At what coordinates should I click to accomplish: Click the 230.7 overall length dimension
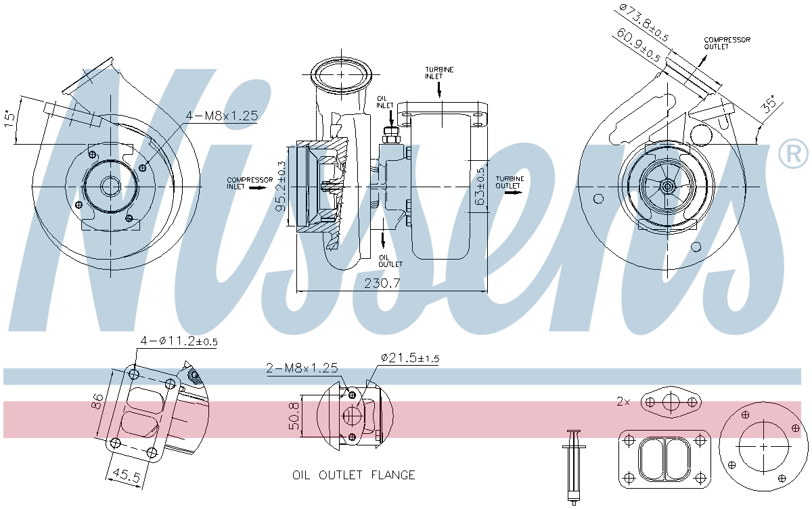(382, 283)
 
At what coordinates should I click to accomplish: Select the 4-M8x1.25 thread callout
(222, 116)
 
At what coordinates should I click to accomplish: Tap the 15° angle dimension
(9, 118)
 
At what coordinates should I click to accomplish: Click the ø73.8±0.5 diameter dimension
(643, 22)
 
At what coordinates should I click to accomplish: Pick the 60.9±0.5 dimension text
(638, 45)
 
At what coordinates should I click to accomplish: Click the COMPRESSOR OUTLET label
(727, 43)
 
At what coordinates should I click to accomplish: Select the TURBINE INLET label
(439, 73)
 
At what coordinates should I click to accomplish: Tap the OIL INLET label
(384, 102)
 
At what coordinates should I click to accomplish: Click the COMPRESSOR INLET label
(250, 183)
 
